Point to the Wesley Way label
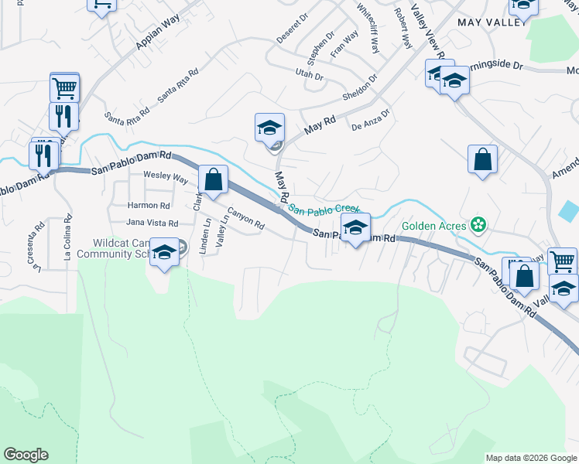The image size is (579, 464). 166,177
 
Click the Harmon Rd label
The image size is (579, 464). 149,206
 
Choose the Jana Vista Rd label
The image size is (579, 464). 152,223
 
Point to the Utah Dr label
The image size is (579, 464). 308,76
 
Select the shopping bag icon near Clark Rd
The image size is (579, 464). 213,179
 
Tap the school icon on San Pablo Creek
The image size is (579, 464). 355,227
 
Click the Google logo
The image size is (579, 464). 26,455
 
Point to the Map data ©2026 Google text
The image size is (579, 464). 530,458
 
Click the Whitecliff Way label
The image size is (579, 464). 368,29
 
